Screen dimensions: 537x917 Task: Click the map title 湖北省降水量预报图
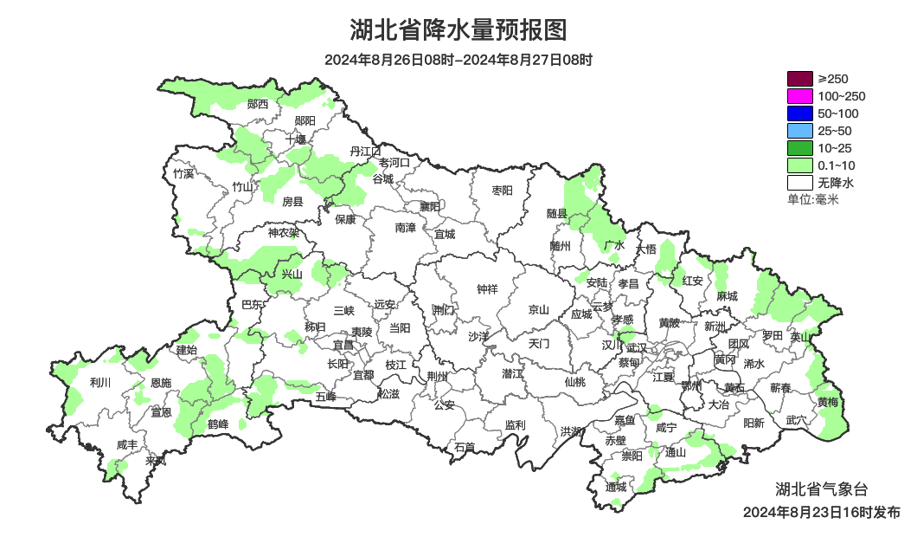point(458,30)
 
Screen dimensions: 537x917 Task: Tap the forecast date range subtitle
point(458,60)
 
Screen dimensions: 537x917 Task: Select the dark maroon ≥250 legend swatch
point(799,79)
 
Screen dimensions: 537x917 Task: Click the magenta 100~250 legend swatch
point(799,96)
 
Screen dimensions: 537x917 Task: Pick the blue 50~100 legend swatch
point(799,113)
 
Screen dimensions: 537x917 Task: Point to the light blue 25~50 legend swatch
point(799,131)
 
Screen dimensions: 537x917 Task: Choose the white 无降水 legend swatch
point(799,183)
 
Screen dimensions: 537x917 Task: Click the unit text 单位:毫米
point(813,199)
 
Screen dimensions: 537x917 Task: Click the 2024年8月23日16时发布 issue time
point(821,512)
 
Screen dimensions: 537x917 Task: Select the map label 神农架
point(283,232)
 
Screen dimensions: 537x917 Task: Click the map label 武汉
point(636,346)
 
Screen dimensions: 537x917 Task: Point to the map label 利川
point(100,381)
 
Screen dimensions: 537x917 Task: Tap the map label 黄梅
point(827,402)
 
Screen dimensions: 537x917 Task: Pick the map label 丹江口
point(365,152)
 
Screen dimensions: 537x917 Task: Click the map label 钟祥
point(488,289)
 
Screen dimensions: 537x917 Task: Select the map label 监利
point(515,424)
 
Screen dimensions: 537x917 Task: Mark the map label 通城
point(616,487)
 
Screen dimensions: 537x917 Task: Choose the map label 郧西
point(258,104)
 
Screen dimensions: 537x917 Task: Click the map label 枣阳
point(502,190)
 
